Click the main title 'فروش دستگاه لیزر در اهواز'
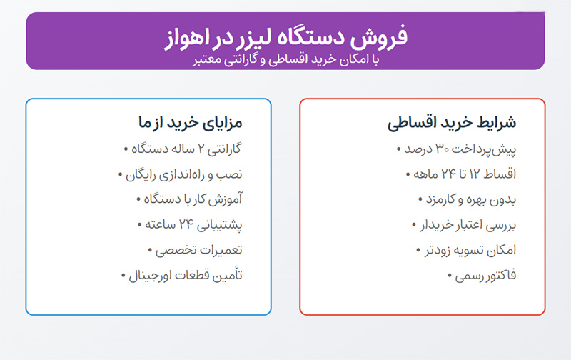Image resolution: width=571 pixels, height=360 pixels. pyautogui.click(x=286, y=37)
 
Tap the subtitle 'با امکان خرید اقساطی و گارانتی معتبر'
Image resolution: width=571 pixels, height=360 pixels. pyautogui.click(x=286, y=60)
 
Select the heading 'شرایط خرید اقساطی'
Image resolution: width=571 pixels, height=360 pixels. pyautogui.click(x=452, y=122)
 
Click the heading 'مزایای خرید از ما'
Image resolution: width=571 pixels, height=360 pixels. pyautogui.click(x=190, y=122)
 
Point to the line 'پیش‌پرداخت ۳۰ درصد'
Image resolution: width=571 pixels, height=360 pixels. pyautogui.click(x=456, y=149)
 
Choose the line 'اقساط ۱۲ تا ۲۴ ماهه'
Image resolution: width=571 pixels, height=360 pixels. pyautogui.click(x=461, y=174)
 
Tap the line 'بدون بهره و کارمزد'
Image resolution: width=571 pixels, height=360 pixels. pyautogui.click(x=468, y=200)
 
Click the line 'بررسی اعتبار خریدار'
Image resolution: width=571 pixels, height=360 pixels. pyautogui.click(x=464, y=225)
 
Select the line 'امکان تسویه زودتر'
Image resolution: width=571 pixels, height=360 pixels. pyautogui.click(x=466, y=250)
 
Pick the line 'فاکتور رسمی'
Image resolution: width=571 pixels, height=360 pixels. pyautogui.click(x=482, y=276)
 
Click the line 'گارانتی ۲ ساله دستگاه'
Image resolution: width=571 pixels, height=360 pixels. pyautogui.click(x=183, y=149)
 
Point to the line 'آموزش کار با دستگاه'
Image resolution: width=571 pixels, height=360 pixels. pyautogui.click(x=189, y=200)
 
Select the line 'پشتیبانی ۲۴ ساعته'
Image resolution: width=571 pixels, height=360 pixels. pyautogui.click(x=190, y=225)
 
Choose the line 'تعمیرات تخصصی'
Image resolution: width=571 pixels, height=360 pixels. pyautogui.click(x=195, y=250)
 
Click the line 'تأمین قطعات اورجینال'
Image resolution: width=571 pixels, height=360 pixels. pyautogui.click(x=182, y=276)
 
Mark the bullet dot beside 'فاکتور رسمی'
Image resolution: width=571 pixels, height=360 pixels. pyautogui.click(x=450, y=276)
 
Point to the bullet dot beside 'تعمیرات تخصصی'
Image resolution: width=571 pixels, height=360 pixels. pyautogui.click(x=150, y=250)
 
